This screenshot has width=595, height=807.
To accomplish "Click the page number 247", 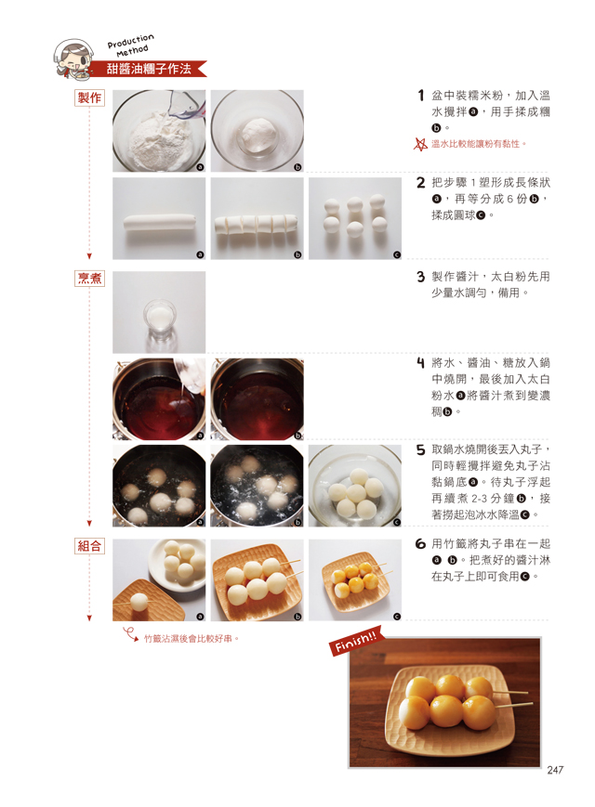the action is click(x=555, y=770).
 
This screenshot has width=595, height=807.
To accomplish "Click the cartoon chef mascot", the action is click(x=73, y=59).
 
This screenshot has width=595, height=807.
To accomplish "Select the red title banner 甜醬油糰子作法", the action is click(x=149, y=69).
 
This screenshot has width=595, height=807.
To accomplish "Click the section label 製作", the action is click(x=89, y=98).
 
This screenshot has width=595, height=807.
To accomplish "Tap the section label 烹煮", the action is click(x=89, y=279).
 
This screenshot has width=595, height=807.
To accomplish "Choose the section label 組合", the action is click(x=89, y=546).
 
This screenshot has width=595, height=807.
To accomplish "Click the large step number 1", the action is click(x=421, y=96).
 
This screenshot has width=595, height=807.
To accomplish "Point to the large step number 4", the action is click(x=421, y=363).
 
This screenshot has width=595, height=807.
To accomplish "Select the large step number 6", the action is click(x=421, y=544).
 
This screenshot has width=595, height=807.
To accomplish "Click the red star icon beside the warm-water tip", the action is click(x=421, y=144).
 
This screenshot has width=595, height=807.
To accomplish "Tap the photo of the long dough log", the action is click(x=159, y=219).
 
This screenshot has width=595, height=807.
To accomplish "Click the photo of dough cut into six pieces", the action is click(x=258, y=219).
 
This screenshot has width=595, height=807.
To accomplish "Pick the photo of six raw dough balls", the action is click(x=355, y=219).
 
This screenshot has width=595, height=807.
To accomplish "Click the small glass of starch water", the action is click(x=160, y=319).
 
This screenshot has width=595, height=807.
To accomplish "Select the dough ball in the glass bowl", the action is click(x=258, y=131).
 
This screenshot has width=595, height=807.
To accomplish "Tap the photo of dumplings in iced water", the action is click(x=355, y=486).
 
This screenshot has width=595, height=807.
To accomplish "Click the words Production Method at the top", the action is click(x=131, y=46).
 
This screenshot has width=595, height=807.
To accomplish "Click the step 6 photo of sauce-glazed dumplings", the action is click(x=355, y=580).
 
